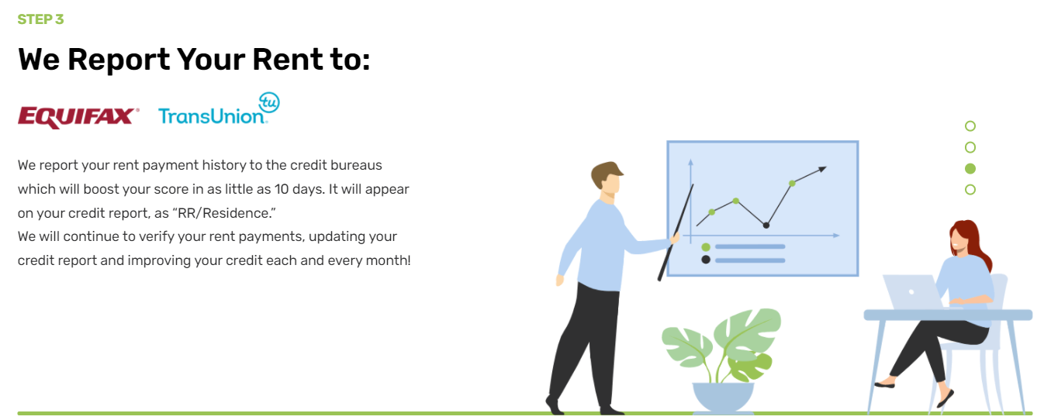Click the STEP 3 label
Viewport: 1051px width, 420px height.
coord(40,19)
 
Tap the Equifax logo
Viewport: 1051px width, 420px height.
coord(78,117)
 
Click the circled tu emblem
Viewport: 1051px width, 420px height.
coord(269,102)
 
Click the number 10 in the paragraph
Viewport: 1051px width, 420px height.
coord(282,189)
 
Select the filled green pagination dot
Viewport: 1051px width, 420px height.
coord(970,169)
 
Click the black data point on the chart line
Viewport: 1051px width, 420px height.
coord(766,225)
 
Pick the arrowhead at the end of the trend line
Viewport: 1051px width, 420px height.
coord(822,169)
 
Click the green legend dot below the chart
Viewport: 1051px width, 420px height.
coord(706,247)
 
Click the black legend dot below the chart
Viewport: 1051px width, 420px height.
coord(706,260)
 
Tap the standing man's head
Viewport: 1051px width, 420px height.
coord(607,180)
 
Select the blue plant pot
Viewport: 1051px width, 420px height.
coord(723,398)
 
